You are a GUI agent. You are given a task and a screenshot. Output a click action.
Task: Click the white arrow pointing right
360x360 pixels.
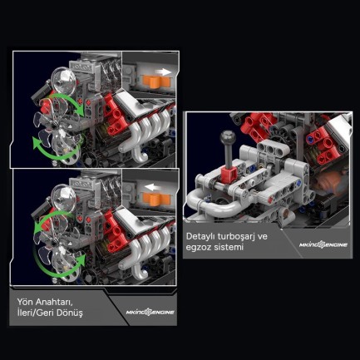point(163,72)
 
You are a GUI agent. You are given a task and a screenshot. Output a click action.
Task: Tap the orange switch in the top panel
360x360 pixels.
point(155,81)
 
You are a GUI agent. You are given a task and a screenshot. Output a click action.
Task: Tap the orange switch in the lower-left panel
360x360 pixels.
point(156,199)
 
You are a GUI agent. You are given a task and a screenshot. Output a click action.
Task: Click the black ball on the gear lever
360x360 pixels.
point(228,138)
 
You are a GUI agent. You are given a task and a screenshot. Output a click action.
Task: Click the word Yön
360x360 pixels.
point(25,301)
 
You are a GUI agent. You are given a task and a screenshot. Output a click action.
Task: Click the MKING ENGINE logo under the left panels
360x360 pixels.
point(150,313)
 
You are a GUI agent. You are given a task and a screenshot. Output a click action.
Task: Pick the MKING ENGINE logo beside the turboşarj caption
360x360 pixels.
point(323,244)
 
